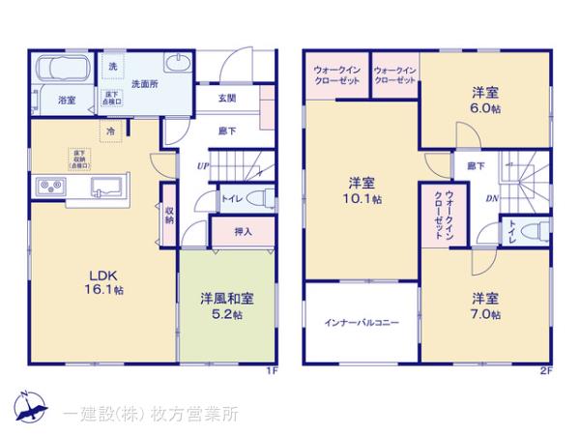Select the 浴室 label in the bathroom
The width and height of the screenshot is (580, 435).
pos(67,99)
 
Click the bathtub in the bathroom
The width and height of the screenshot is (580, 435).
pos(63,72)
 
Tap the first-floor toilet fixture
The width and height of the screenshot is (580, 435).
pos(254,197)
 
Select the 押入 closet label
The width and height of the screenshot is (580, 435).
pos(245,232)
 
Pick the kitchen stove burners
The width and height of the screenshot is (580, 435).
pos(51,187)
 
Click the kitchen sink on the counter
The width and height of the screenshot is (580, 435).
pos(103,185)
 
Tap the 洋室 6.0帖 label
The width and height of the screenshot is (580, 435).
pos(486,101)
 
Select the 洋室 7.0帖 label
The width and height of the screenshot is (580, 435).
pos(486,305)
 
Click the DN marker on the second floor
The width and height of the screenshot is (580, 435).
pos(491,199)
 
